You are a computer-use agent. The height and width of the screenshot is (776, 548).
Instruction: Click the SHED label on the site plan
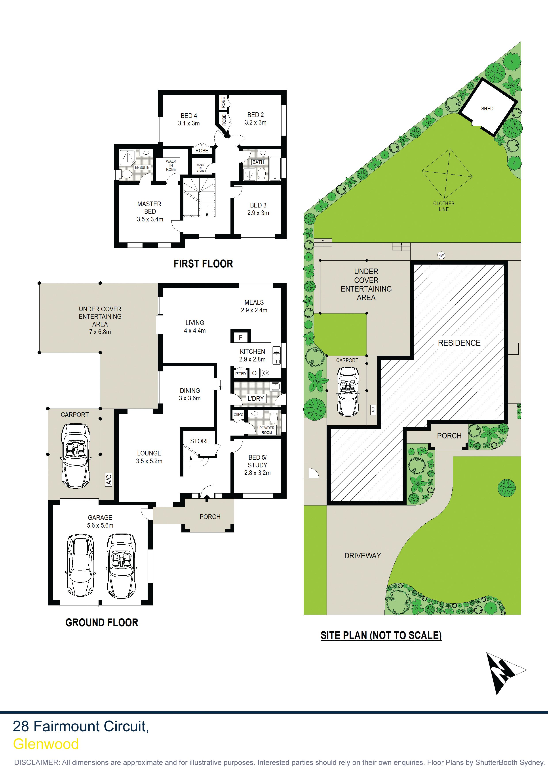click(x=487, y=108)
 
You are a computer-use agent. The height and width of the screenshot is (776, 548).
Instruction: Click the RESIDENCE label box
click(x=459, y=343)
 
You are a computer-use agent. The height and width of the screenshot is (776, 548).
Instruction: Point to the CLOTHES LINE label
click(x=444, y=206)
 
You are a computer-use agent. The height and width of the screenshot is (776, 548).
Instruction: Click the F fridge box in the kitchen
click(x=240, y=337)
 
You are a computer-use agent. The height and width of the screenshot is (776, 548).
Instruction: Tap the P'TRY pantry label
click(x=241, y=373)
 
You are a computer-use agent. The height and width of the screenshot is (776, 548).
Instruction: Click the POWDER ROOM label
click(x=267, y=430)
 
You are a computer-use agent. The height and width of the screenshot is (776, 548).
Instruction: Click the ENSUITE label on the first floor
click(x=142, y=167)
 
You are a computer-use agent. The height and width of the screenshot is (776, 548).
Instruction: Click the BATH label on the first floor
click(x=258, y=162)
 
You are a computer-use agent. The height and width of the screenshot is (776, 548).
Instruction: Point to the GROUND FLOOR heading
click(x=102, y=622)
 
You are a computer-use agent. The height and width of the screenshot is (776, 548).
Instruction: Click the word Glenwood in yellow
click(x=46, y=744)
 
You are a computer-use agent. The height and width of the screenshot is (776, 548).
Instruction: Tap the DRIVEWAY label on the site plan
click(x=363, y=555)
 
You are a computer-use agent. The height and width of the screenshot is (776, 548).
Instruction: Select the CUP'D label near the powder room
click(x=238, y=414)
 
